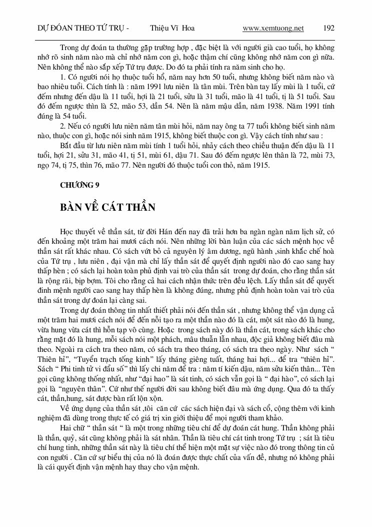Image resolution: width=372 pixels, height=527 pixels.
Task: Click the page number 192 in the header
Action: coord(329,29)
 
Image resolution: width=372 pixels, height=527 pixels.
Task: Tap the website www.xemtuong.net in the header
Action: coord(273,29)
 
